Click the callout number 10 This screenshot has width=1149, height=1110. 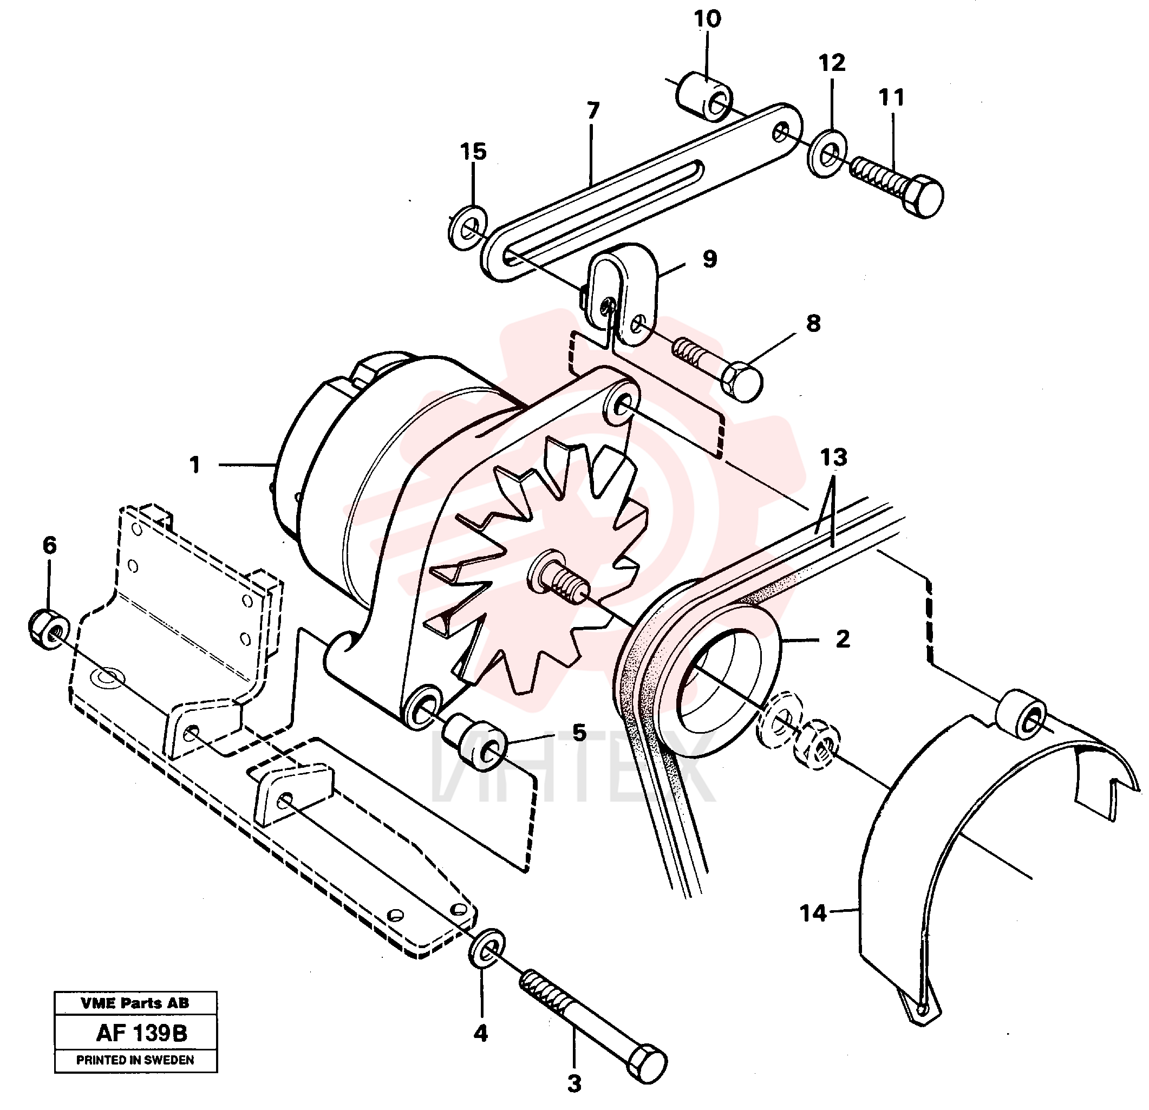click(x=707, y=19)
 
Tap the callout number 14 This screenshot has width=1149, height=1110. click(x=813, y=913)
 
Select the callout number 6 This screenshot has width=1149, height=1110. click(x=49, y=545)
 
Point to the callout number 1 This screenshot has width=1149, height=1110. click(x=194, y=465)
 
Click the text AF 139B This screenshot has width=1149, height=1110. click(x=141, y=1033)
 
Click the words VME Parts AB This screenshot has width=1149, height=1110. click(x=135, y=1003)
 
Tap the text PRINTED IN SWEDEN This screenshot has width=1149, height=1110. click(x=135, y=1060)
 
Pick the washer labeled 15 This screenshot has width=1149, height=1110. click(x=467, y=227)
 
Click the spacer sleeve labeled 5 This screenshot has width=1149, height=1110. click(x=475, y=743)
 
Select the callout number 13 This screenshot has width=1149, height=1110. click(x=834, y=458)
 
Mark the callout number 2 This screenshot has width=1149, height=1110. click(x=843, y=638)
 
